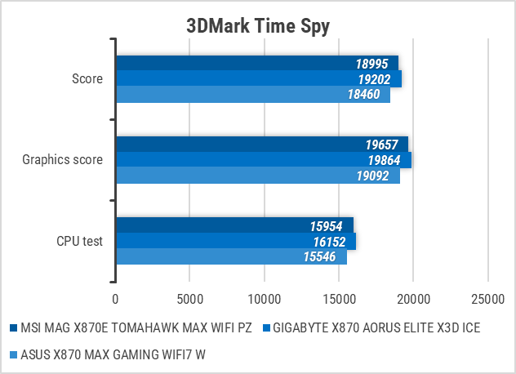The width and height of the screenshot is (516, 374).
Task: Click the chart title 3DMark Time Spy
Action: point(257,26)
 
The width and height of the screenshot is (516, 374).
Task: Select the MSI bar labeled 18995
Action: point(256,64)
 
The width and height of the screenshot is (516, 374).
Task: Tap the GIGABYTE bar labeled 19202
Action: point(258,79)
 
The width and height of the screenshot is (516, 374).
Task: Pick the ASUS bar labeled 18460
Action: point(252,95)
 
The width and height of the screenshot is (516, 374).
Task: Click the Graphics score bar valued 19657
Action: point(261,145)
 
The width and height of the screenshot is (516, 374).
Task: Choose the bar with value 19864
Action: point(263,160)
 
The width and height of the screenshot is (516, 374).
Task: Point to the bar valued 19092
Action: point(257,176)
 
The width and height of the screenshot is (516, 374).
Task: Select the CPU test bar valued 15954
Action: point(234,225)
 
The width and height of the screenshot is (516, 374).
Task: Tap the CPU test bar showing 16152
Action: point(235,241)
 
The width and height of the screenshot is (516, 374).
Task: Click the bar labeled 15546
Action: point(231,256)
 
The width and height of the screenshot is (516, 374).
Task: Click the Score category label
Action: point(87,79)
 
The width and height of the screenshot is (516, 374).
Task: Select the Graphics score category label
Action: point(64,160)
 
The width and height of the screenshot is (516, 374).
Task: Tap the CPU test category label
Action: point(80,241)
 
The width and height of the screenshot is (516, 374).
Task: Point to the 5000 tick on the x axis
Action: point(189,299)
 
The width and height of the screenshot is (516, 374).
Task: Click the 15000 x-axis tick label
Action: point(339,299)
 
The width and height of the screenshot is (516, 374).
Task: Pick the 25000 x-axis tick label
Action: point(487,299)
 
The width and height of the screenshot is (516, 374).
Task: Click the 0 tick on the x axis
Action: point(116,299)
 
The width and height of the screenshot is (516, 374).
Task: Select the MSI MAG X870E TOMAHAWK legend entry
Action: point(136,329)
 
